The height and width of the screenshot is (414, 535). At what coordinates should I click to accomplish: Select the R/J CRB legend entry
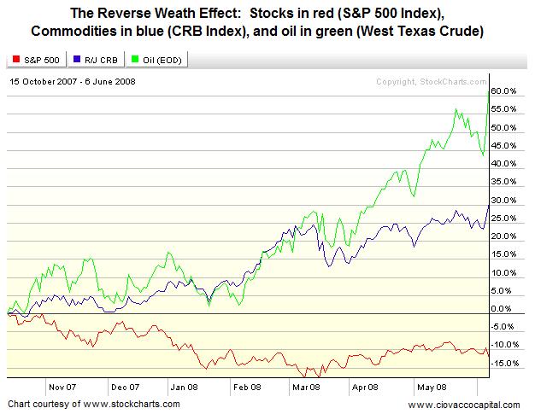point(93,61)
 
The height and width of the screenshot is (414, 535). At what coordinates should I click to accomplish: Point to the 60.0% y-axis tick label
point(504,90)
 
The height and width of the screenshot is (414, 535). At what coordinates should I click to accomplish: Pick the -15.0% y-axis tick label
point(506,363)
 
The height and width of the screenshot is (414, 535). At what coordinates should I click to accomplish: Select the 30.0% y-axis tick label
point(504,200)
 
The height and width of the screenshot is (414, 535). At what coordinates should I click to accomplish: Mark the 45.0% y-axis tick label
point(504,145)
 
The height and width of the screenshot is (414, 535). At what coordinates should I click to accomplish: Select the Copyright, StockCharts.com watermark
point(429,82)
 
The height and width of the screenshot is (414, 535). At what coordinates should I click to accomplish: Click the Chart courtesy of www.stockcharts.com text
point(94,403)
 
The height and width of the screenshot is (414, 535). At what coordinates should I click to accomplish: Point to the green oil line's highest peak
point(487,90)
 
